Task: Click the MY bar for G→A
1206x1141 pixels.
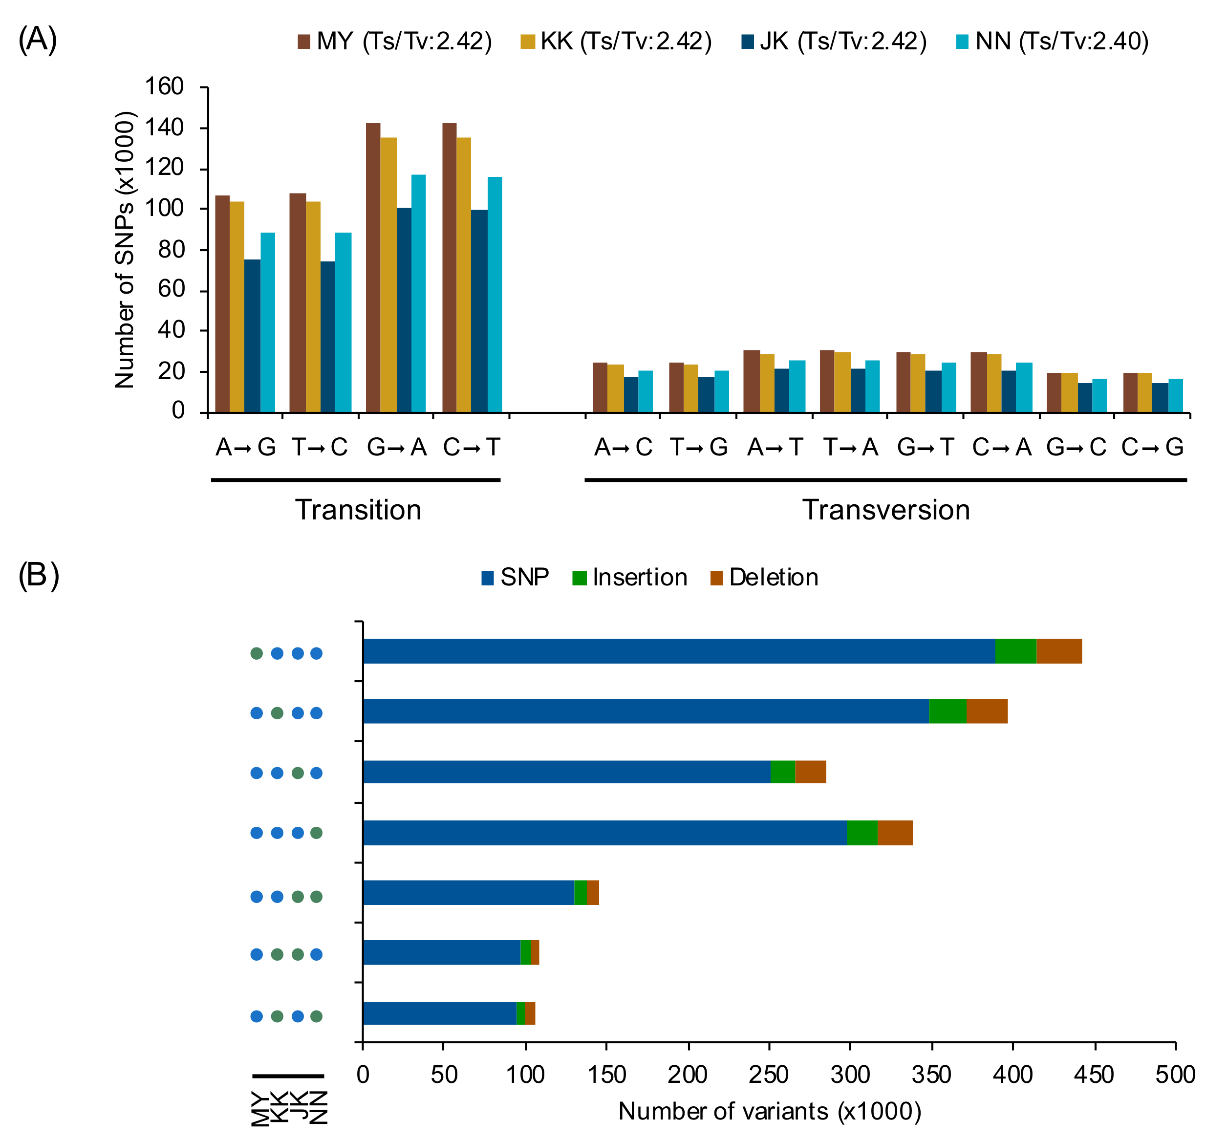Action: [x=373, y=268]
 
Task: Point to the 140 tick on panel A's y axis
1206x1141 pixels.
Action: [x=164, y=128]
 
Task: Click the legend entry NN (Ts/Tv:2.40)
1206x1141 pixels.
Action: [x=1052, y=42]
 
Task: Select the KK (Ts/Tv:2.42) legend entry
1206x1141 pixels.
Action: [x=616, y=42]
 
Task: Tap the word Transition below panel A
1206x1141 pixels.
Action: [x=358, y=510]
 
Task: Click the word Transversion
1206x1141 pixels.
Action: [x=885, y=510]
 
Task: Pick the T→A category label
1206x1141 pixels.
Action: [x=850, y=447]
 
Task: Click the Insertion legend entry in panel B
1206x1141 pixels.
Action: [x=629, y=577]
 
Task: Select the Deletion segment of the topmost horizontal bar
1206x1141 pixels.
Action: [x=1059, y=651]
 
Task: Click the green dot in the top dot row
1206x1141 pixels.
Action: [x=257, y=653]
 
